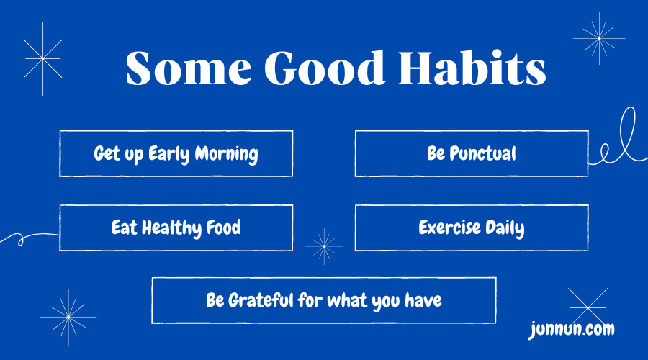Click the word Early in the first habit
pos(171,154)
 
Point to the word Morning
pos(227,154)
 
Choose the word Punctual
pos(482,153)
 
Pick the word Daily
pos(505,229)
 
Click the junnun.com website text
pos(571,330)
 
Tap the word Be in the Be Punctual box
pos(436,153)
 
